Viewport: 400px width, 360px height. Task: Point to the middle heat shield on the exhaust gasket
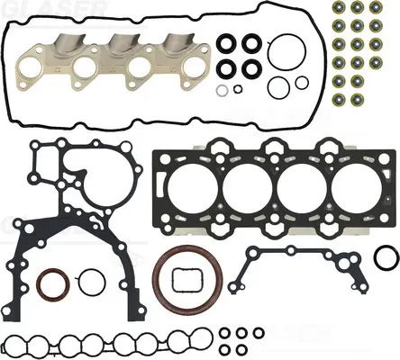(121, 44)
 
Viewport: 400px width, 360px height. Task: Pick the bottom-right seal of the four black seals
(248, 68)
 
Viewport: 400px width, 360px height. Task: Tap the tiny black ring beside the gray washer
(237, 88)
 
